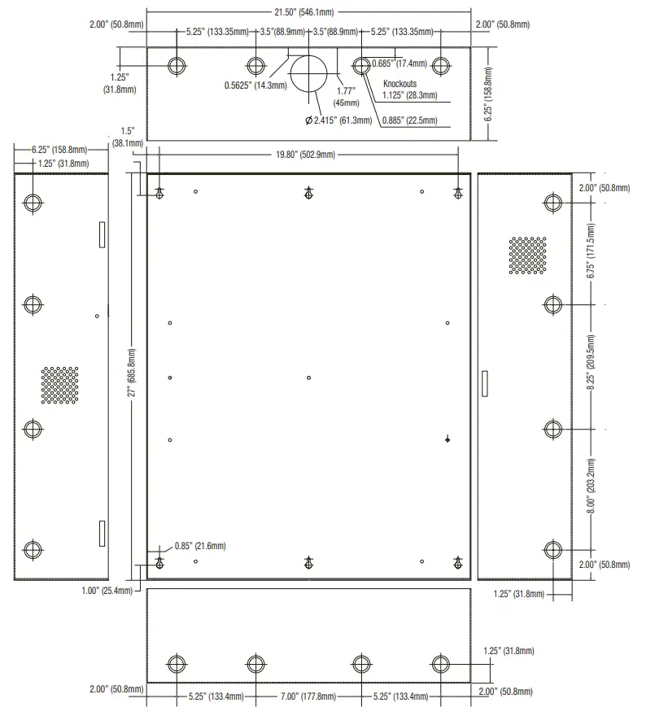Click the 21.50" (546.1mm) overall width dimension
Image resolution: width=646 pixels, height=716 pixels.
[x=310, y=13]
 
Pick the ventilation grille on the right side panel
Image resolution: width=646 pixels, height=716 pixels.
[x=527, y=255]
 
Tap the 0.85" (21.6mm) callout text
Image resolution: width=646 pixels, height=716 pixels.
[x=200, y=546]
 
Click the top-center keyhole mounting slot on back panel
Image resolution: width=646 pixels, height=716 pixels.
[x=308, y=193]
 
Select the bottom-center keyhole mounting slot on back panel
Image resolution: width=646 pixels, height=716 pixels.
[x=308, y=561]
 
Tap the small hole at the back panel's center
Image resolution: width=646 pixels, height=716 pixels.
[x=309, y=378]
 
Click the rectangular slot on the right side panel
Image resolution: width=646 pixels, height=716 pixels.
[x=486, y=384]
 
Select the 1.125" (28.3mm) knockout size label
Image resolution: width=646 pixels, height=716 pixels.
[x=410, y=95]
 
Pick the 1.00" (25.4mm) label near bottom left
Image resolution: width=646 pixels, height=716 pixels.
[x=107, y=591]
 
